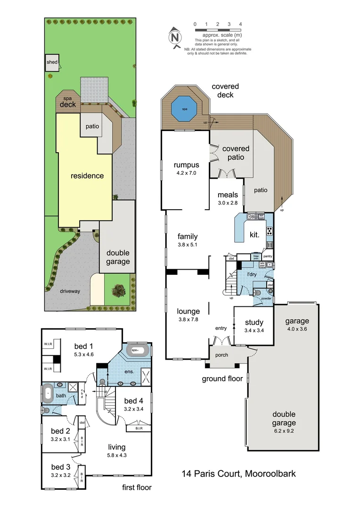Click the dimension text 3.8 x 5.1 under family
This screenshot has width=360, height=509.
188,245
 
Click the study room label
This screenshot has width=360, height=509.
254,323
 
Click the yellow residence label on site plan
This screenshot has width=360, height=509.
87,176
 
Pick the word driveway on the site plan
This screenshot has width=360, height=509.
69,291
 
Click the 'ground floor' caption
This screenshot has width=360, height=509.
222,378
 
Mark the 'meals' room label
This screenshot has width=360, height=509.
228,195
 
